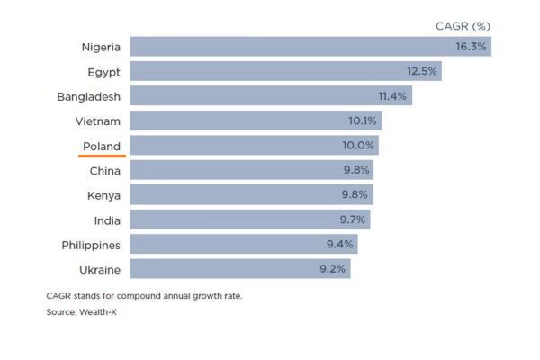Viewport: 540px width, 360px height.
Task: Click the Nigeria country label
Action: (x=100, y=47)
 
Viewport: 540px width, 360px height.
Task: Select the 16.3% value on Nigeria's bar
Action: (x=471, y=47)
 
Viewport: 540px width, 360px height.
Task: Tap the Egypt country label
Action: (x=105, y=71)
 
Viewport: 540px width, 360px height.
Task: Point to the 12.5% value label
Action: (x=420, y=71)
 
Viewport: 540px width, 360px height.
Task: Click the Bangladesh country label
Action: (x=88, y=95)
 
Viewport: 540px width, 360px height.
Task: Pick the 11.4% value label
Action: (x=392, y=95)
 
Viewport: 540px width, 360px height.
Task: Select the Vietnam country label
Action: (x=99, y=121)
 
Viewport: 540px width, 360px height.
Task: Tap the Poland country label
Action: (x=101, y=145)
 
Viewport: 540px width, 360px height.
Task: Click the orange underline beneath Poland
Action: (x=101, y=155)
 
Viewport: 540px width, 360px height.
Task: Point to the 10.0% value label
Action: (x=359, y=145)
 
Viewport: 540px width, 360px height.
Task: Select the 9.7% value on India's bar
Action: (x=352, y=220)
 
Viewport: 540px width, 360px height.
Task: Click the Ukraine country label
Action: (x=100, y=268)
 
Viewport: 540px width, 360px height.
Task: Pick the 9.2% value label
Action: (x=332, y=268)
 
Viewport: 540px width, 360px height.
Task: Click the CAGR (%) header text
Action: (x=463, y=25)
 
